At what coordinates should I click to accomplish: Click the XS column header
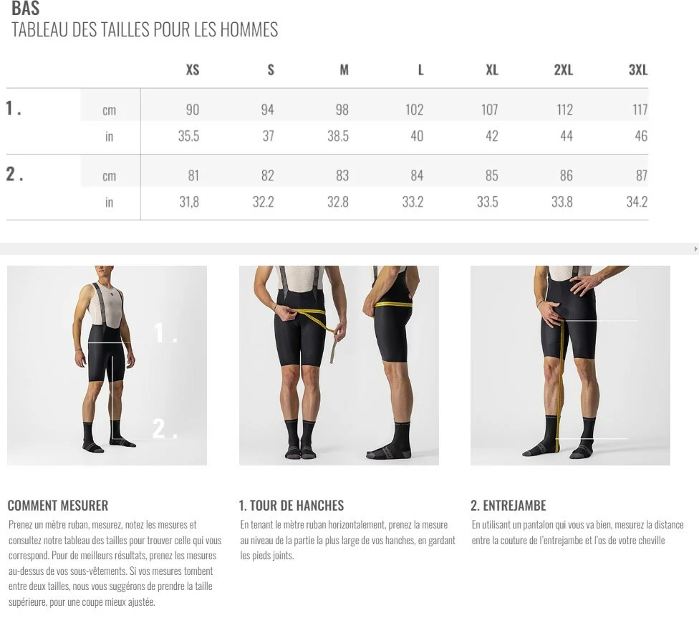click(193, 70)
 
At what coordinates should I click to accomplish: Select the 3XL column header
click(638, 70)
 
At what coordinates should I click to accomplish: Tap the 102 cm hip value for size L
click(414, 110)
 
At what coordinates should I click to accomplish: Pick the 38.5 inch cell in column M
click(338, 136)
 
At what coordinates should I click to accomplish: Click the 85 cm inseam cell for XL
click(492, 175)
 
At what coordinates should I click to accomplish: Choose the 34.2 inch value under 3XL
click(637, 202)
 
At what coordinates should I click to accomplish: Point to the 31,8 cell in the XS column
click(189, 202)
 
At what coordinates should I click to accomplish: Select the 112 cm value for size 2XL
click(565, 110)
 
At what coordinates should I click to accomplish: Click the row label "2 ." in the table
click(14, 174)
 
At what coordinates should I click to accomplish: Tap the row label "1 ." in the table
click(14, 108)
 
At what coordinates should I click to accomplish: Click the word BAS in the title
click(25, 8)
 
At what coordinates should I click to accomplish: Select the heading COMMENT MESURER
click(58, 506)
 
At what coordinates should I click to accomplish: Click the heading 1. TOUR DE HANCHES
click(291, 506)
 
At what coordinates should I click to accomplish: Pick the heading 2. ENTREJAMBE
click(508, 506)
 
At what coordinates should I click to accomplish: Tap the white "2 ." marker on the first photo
click(165, 428)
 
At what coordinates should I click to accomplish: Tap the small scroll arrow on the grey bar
click(696, 248)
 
